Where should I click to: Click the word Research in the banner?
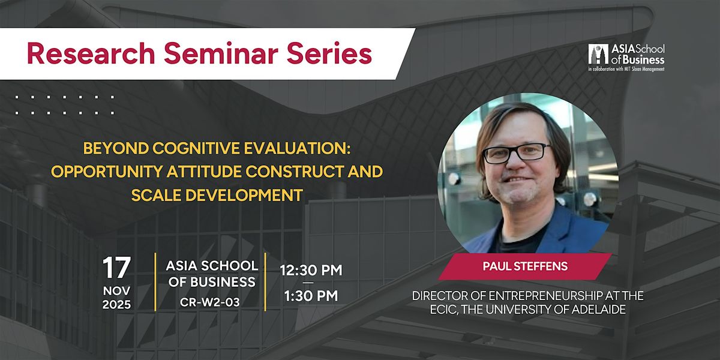80,55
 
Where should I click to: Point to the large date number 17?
117,269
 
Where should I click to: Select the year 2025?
118,304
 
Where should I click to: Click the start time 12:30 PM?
311,271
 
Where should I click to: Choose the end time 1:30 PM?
311,296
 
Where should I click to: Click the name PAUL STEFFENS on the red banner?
525,266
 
